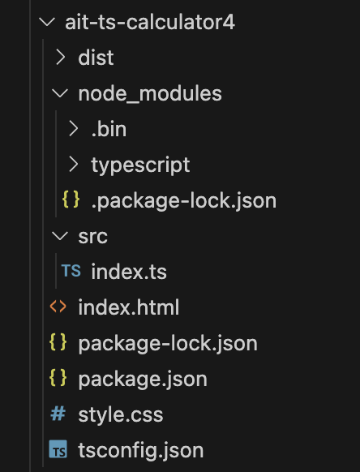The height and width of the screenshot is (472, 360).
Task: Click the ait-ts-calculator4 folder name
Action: [x=150, y=22]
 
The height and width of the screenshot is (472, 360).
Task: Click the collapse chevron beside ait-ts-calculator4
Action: [x=47, y=22]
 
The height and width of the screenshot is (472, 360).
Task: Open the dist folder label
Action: [x=96, y=58]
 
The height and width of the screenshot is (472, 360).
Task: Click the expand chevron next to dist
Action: [x=61, y=58]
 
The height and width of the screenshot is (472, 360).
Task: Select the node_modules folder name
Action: [x=150, y=93]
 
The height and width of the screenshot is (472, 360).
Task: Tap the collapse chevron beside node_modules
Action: [x=60, y=93]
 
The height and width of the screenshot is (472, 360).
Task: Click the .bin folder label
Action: [x=109, y=129]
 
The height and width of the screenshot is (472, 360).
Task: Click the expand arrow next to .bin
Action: [x=74, y=129]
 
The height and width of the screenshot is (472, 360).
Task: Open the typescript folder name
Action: [x=140, y=165]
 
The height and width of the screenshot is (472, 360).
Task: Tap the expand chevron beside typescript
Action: [x=74, y=165]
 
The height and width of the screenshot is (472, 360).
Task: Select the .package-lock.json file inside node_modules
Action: [x=183, y=201]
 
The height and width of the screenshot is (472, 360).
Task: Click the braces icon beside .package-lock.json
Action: [x=71, y=200]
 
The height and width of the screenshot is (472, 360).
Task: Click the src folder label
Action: [x=92, y=237]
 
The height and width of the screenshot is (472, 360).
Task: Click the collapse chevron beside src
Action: [x=60, y=236]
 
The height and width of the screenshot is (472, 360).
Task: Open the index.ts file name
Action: [x=129, y=272]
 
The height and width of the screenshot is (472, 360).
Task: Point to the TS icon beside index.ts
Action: [x=71, y=271]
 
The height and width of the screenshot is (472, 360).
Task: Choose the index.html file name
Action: [x=129, y=307]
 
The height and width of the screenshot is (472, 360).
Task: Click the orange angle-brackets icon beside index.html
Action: [x=58, y=307]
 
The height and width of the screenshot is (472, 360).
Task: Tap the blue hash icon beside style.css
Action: [x=58, y=414]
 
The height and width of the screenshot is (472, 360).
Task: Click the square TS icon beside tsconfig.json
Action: [x=58, y=449]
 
